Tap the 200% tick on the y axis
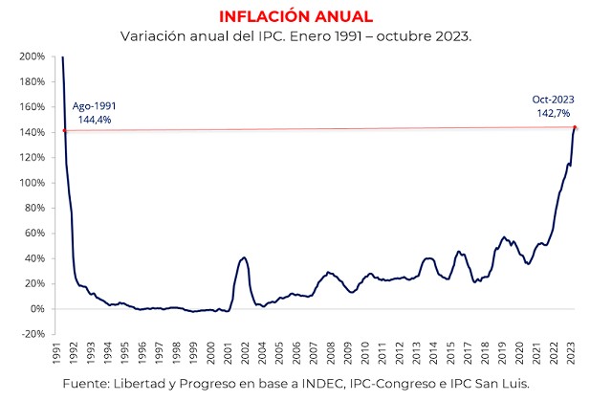coord(31,56)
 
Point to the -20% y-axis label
coord(32,333)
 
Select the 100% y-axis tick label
coord(31,182)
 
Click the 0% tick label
coord(36,308)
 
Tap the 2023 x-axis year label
coord(571,354)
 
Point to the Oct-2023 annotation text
coord(552,99)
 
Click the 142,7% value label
coord(552,113)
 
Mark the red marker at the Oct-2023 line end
coord(575,127)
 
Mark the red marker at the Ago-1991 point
coord(64,130)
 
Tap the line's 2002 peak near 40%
coord(244,257)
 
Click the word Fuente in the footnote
coord(88,384)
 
